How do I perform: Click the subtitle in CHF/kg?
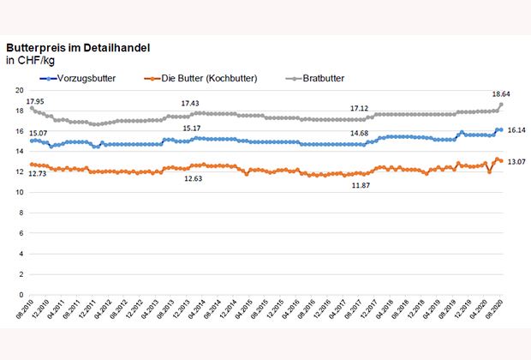33,61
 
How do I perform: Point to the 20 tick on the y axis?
17,90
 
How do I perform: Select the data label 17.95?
34,99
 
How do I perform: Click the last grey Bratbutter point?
501,105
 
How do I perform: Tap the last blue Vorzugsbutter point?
501,129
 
